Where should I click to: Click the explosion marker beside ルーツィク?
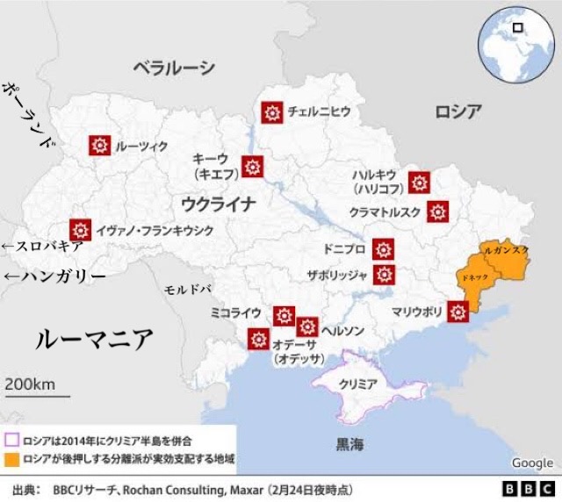pyautogui.click(x=98, y=146)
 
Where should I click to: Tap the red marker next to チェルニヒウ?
pyautogui.click(x=271, y=111)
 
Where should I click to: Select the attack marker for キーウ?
pyautogui.click(x=253, y=166)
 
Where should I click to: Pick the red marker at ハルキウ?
pyautogui.click(x=420, y=183)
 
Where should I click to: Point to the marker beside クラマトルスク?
pyautogui.click(x=437, y=212)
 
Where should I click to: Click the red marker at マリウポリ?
pyautogui.click(x=458, y=312)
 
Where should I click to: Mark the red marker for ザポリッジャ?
pyautogui.click(x=383, y=275)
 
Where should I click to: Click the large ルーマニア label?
pyautogui.click(x=94, y=339)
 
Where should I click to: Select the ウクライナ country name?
pyautogui.click(x=219, y=204)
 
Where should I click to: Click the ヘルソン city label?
pyautogui.click(x=342, y=331)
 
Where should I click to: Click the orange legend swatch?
pyautogui.click(x=12, y=459)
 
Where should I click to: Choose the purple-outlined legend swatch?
pyautogui.click(x=12, y=439)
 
